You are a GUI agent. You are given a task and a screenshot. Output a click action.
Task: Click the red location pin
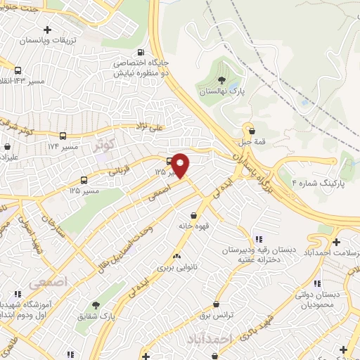(181, 165)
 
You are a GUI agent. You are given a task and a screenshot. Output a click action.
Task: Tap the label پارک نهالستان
(221, 92)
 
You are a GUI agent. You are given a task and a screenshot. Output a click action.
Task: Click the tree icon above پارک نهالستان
(222, 79)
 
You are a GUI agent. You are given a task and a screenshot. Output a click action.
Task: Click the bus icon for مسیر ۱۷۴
(63, 136)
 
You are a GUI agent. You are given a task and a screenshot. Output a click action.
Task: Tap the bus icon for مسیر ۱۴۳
(17, 70)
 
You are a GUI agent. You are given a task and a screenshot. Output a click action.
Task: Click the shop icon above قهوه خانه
(193, 215)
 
